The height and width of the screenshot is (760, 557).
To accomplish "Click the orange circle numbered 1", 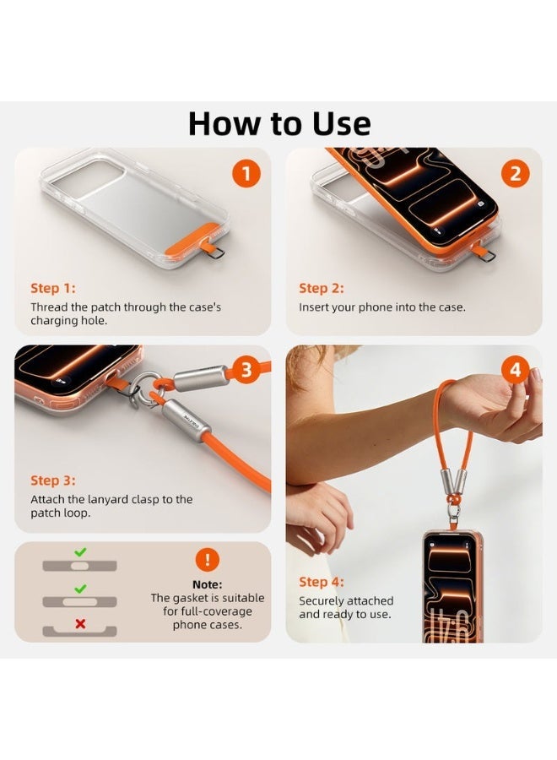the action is (x=246, y=173).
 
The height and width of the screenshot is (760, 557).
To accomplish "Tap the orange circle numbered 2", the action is (x=516, y=173).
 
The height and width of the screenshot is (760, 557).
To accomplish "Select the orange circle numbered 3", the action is (x=246, y=369).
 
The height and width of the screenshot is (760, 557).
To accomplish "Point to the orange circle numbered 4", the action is (x=516, y=369).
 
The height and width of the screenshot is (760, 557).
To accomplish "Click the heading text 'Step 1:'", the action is (x=53, y=289).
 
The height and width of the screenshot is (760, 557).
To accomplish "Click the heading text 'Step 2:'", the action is (x=322, y=289).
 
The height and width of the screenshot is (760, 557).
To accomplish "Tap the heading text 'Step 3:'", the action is (x=53, y=480).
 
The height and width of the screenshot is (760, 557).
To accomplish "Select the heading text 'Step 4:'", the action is (x=322, y=582).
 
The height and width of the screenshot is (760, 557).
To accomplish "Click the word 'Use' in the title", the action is (x=342, y=123).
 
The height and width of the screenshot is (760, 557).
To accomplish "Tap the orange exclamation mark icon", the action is (x=208, y=560).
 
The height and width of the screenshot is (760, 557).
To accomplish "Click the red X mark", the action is (x=80, y=624).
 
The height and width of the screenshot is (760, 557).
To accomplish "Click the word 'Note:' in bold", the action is (x=208, y=584).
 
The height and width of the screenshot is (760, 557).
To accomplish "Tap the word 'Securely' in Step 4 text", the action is (x=322, y=601).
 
